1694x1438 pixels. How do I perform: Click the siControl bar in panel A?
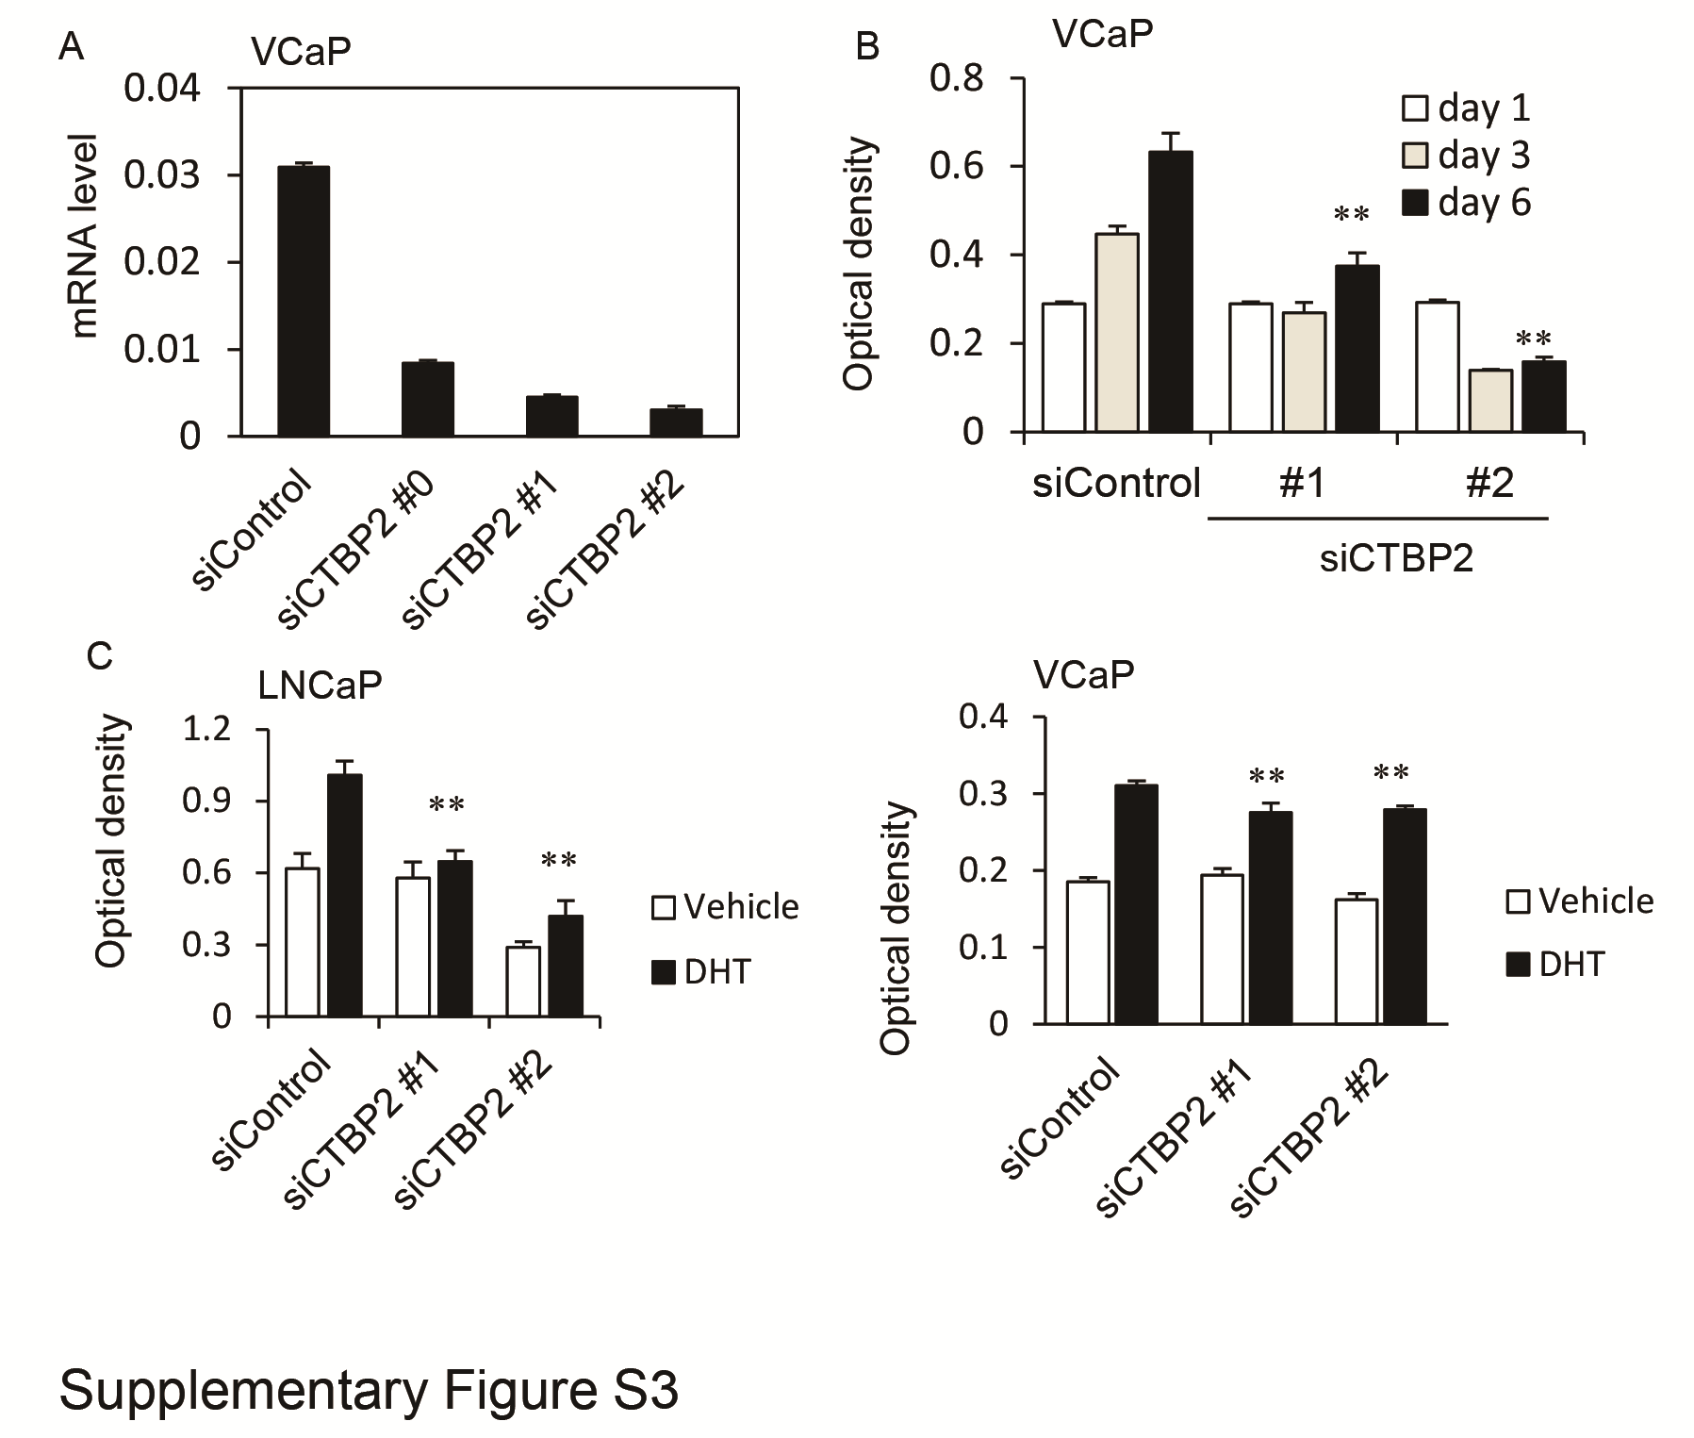(303, 302)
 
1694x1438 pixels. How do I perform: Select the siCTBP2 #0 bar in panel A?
(427, 399)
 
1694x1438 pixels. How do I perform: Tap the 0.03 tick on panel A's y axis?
(162, 175)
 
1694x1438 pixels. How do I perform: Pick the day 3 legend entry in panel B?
(1465, 156)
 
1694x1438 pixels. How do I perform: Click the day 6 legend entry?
(1465, 203)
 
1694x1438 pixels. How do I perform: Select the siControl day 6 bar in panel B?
(1171, 292)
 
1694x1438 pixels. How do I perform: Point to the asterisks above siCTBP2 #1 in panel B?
(1351, 216)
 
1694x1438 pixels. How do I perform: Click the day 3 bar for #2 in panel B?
(1490, 401)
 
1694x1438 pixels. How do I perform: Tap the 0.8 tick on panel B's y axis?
(956, 79)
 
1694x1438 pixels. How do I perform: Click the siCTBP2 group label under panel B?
(1396, 559)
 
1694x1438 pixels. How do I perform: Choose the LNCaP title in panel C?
(320, 686)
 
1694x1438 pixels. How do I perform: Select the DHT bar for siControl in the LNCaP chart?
(344, 896)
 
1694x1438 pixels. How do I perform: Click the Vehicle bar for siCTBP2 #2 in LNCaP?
(523, 981)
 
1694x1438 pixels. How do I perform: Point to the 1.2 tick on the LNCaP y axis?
(207, 730)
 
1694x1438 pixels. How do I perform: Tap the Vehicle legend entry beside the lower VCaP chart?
(1580, 901)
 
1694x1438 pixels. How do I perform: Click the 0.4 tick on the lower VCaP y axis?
(984, 717)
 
